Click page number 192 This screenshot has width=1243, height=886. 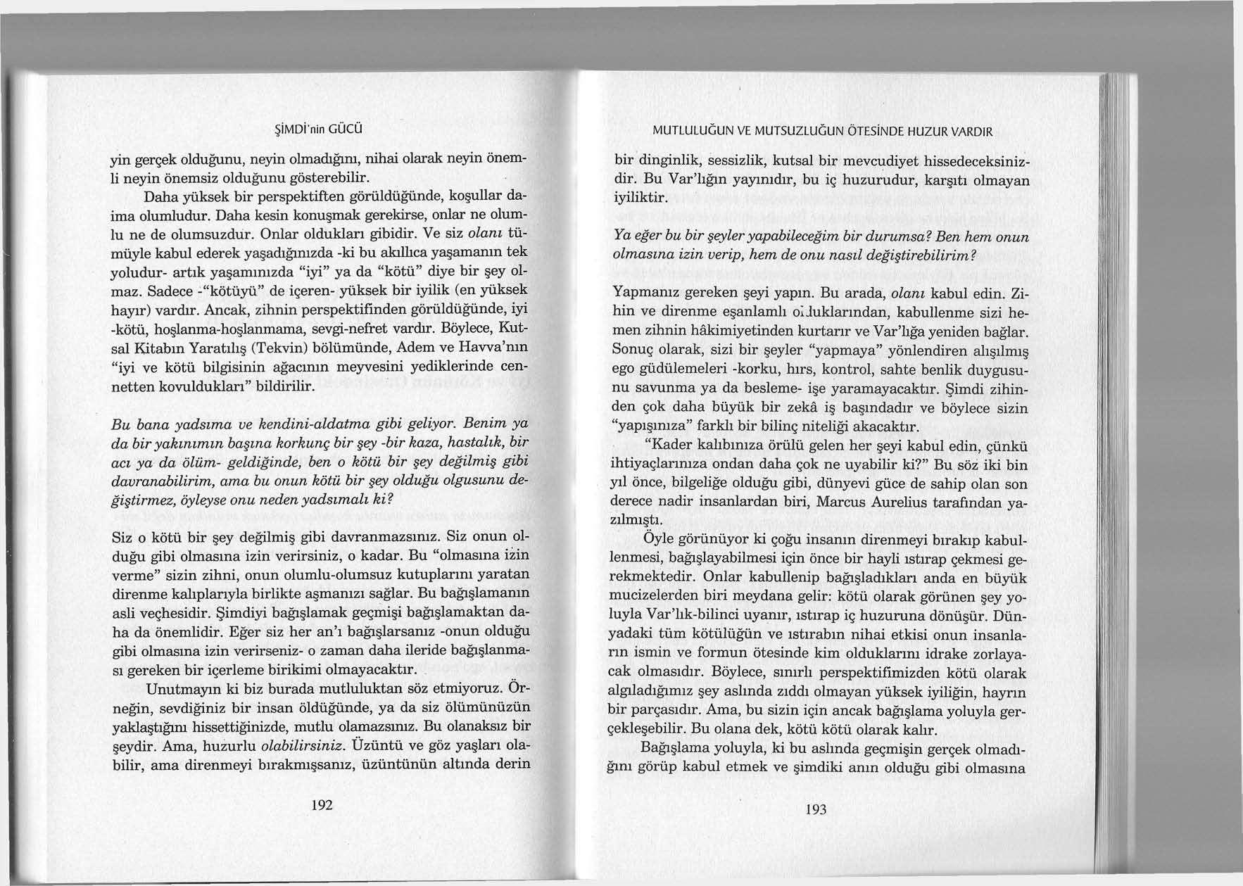point(321,805)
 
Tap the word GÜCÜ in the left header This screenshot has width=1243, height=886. point(344,129)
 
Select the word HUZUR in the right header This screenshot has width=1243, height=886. point(919,131)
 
